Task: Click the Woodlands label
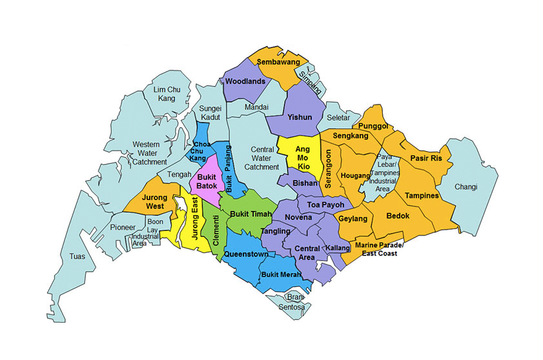245,82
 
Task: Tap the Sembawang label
279,62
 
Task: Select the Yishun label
300,117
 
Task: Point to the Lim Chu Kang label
167,94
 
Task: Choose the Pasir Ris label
426,158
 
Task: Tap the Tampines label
422,195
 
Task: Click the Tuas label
77,257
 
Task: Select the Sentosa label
291,307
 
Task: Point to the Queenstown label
245,254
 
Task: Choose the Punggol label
373,126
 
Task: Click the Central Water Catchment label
261,157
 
